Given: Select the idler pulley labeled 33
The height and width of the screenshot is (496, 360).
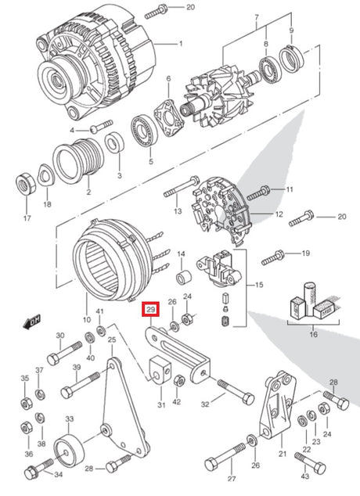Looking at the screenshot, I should [x=67, y=452].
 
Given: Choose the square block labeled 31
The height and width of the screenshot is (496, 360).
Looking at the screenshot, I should [x=159, y=369].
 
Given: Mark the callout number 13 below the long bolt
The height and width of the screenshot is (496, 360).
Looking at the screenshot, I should [x=177, y=211].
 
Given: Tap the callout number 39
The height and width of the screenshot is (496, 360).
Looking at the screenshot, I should [x=76, y=368].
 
